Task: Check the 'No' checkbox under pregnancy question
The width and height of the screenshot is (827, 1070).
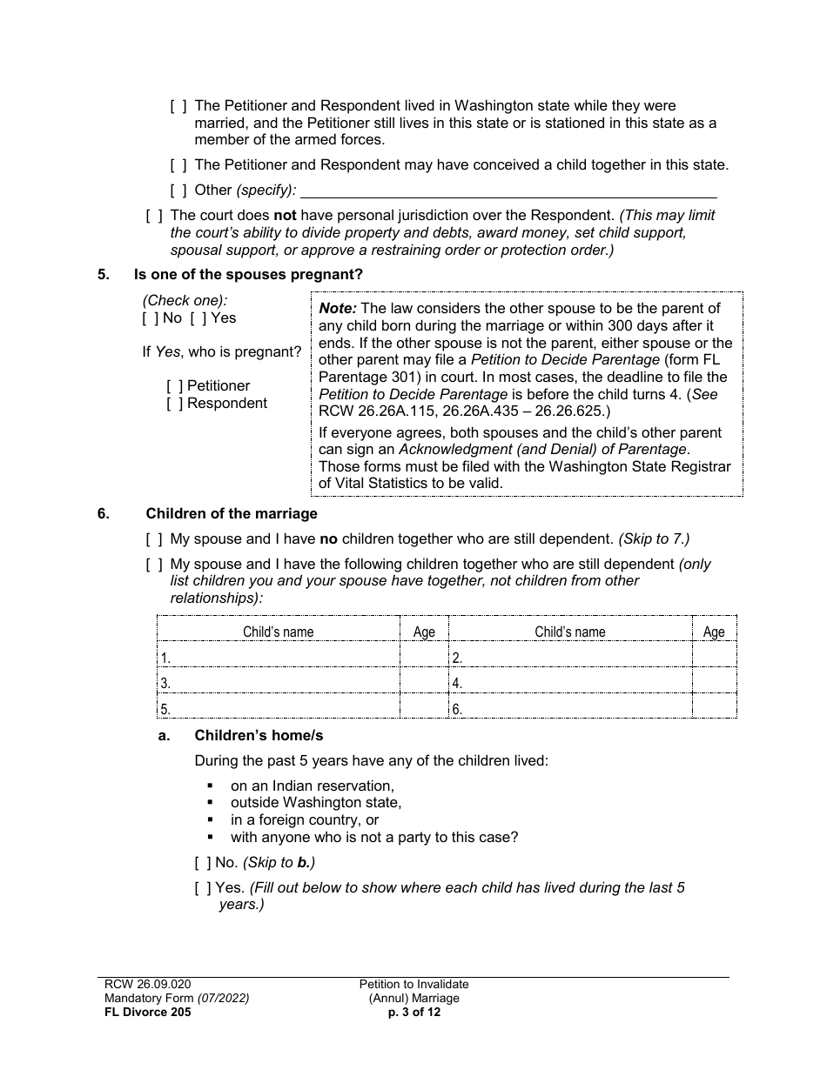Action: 151,318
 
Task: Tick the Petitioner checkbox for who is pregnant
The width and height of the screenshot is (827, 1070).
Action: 175,386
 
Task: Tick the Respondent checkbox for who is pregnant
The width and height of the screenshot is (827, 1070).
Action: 175,404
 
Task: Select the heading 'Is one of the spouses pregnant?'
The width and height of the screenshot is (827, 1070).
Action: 248,275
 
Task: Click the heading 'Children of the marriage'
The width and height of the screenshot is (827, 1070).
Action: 232,513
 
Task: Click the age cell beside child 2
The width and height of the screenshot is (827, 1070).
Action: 714,657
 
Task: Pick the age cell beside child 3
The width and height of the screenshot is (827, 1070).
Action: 424,683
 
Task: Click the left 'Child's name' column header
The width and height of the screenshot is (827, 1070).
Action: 279,632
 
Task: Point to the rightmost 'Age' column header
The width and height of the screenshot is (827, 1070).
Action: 714,632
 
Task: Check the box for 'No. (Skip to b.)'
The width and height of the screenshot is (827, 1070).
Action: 203,863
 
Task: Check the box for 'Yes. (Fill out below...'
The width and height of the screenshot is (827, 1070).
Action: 203,888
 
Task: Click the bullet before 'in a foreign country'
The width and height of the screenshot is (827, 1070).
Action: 211,820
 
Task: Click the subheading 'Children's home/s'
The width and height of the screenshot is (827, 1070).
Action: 259,736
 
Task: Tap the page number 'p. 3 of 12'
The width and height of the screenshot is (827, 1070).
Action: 413,1012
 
